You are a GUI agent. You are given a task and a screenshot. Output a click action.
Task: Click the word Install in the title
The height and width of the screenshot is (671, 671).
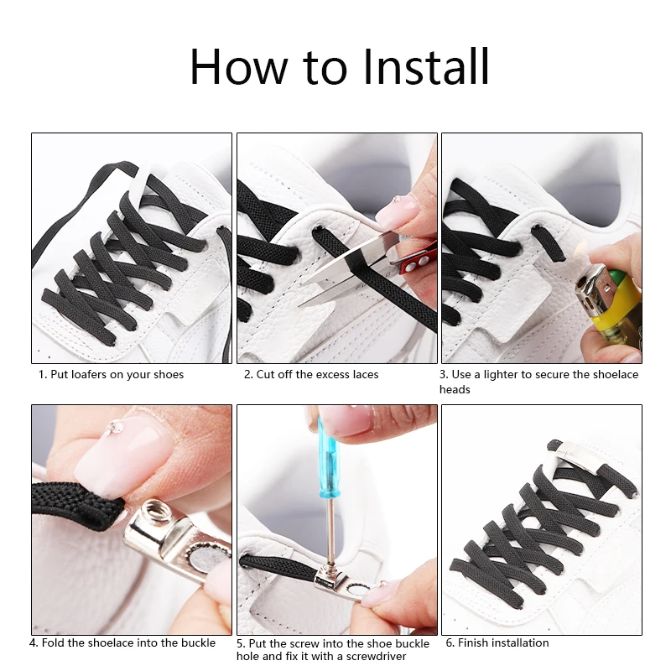[426, 67]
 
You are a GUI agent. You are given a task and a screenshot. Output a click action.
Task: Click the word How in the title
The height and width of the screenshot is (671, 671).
[239, 67]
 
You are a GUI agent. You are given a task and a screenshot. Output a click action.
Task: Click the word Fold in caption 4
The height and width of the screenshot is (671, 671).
[53, 642]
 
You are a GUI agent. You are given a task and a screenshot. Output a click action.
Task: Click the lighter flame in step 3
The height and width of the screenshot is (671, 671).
[581, 249]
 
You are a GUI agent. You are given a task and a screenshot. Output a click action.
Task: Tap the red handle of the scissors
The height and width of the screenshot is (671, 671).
[416, 261]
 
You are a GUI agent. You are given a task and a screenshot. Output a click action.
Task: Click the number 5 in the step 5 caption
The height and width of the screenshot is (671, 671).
[240, 643]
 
